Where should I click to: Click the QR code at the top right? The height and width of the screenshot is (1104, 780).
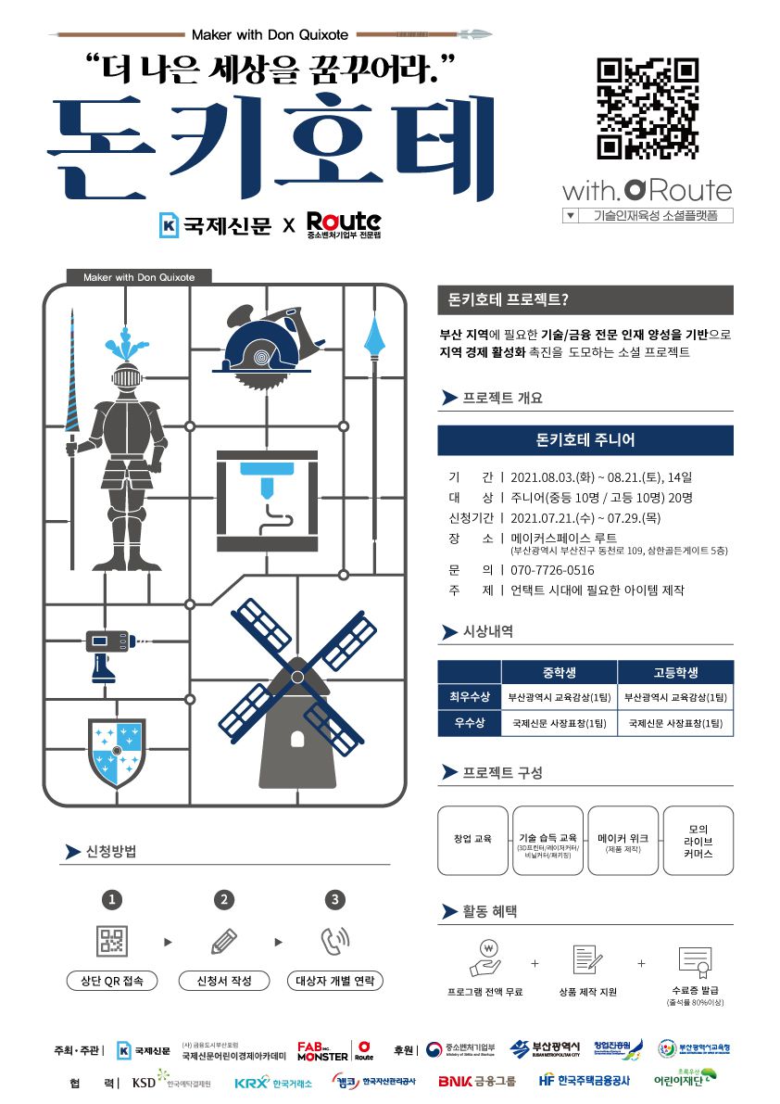(x=647, y=108)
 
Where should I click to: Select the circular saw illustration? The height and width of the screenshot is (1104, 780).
(x=263, y=344)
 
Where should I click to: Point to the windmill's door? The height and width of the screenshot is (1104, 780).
(x=297, y=738)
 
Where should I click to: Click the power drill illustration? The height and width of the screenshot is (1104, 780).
(x=105, y=650)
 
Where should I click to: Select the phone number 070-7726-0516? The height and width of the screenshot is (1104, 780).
(x=552, y=570)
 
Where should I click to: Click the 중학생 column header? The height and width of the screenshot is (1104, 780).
(x=559, y=672)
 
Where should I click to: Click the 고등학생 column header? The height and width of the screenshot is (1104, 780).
(x=674, y=672)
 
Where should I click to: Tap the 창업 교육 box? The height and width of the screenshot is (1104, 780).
(x=472, y=840)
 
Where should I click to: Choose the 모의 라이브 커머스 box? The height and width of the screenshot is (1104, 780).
(x=698, y=840)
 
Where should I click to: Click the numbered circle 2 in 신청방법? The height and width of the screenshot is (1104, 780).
(x=223, y=899)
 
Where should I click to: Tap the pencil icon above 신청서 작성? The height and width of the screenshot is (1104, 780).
(x=223, y=942)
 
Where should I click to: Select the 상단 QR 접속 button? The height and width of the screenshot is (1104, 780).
(x=111, y=981)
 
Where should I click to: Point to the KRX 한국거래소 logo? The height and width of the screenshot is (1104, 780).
(x=273, y=1082)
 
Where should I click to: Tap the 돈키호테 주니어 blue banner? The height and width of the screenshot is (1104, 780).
(x=585, y=439)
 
